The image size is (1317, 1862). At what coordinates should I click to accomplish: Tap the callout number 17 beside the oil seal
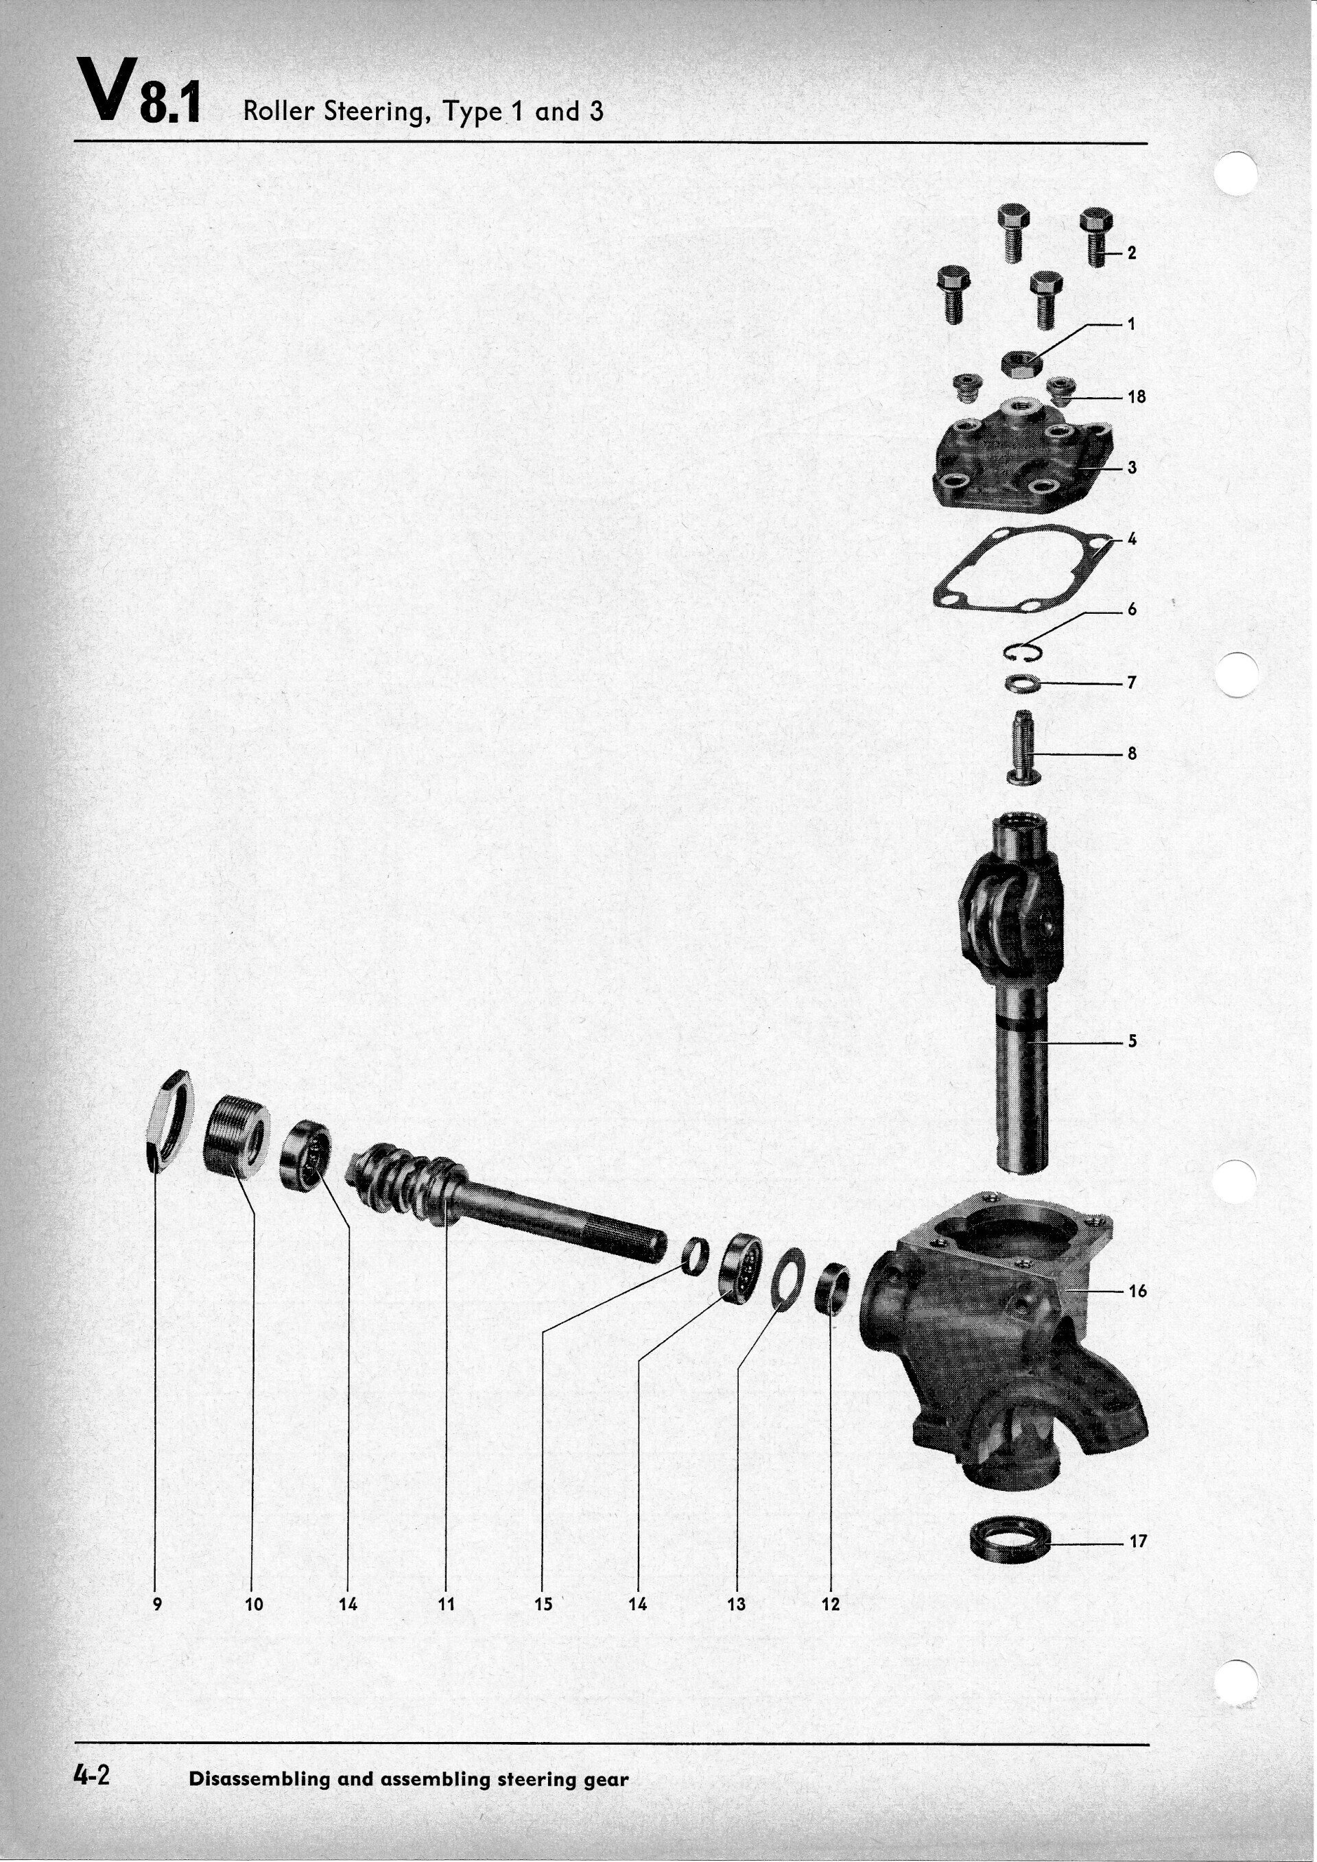1138,1541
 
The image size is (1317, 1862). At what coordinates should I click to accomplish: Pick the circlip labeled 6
1021,650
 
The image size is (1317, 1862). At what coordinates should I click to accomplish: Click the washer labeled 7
1023,683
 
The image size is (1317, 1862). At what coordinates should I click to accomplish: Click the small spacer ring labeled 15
694,1256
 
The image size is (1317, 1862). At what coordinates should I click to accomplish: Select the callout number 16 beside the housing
1138,1290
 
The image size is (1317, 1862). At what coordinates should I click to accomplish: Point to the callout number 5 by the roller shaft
1133,1040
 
